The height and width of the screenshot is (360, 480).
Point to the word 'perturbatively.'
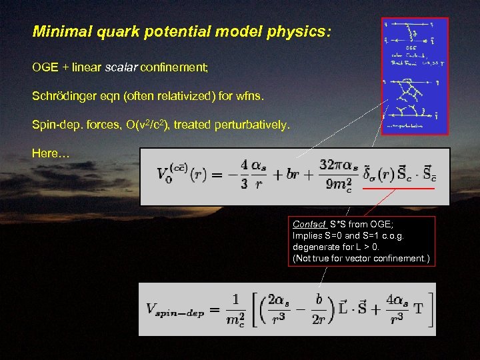(252, 124)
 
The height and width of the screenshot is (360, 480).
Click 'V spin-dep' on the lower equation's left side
(175, 309)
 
